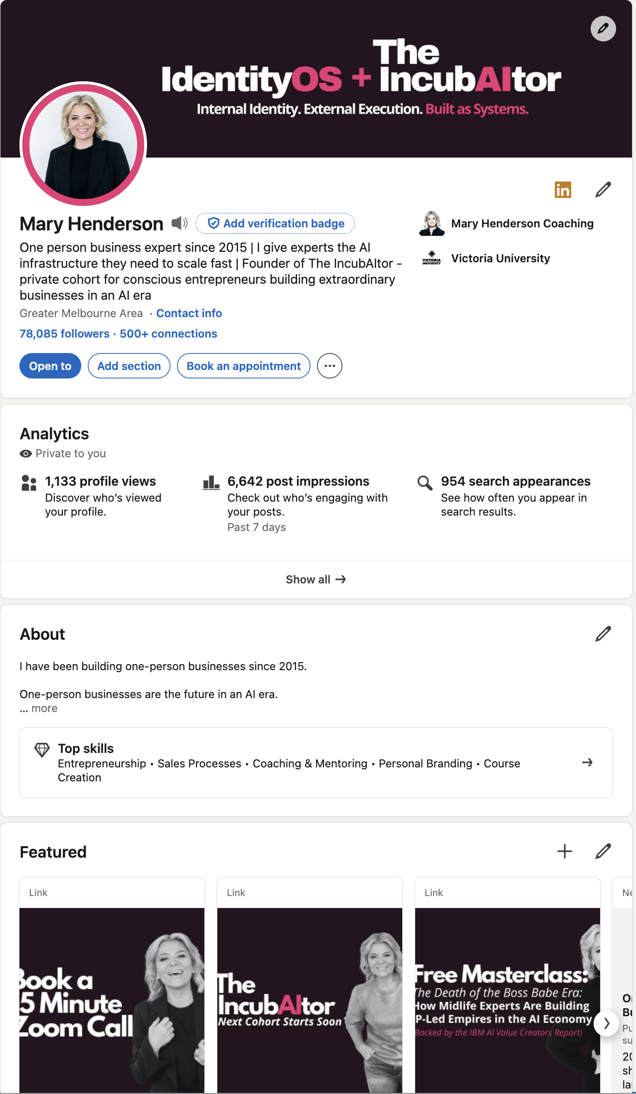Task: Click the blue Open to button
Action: [x=50, y=366]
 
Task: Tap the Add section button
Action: [x=129, y=366]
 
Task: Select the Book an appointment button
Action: [x=243, y=366]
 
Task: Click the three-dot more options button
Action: [x=329, y=366]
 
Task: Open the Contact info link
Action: [x=189, y=313]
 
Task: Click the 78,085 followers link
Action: [x=64, y=334]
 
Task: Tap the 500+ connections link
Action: [x=168, y=334]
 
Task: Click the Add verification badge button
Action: [x=275, y=223]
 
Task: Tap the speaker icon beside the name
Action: [x=179, y=223]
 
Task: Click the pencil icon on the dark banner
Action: [x=603, y=28]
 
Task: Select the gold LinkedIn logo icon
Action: [x=563, y=189]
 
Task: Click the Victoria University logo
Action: [x=432, y=258]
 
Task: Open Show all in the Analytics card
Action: [x=316, y=579]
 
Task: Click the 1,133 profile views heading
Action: [x=100, y=481]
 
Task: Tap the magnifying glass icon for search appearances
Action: [x=425, y=483]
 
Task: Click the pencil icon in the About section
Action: [x=603, y=634]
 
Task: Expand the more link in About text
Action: [x=44, y=709]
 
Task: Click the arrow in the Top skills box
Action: [x=587, y=762]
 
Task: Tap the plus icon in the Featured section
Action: [x=564, y=851]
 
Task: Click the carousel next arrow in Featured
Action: [x=606, y=1024]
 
